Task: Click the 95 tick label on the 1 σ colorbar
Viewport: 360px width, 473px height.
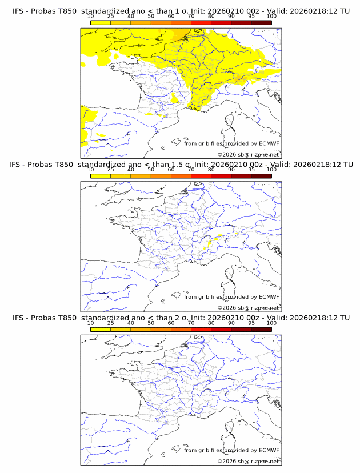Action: pyautogui.click(x=251, y=16)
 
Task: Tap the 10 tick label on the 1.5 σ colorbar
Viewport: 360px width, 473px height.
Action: pyautogui.click(x=90, y=170)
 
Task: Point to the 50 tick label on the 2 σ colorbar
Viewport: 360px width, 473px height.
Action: pyautogui.click(x=151, y=323)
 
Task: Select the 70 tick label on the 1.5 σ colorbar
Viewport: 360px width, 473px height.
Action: pyautogui.click(x=191, y=170)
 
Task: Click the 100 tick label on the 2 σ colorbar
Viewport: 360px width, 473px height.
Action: pyautogui.click(x=271, y=323)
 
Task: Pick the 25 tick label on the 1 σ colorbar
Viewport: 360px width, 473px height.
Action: pyautogui.click(x=110, y=16)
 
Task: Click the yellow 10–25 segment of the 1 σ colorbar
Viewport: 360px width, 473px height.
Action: pyautogui.click(x=101, y=22)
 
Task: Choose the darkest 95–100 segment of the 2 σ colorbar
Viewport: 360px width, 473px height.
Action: pyautogui.click(x=261, y=328)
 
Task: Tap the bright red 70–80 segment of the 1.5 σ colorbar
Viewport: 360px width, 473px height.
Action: pyautogui.click(x=201, y=175)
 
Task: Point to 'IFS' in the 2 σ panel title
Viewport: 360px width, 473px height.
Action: pyautogui.click(x=19, y=318)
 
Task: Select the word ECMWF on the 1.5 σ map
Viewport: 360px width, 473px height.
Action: pyautogui.click(x=269, y=297)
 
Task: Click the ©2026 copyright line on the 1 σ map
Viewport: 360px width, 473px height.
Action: pyautogui.click(x=248, y=155)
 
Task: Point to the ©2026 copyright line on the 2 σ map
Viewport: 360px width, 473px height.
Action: pyautogui.click(x=248, y=462)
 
